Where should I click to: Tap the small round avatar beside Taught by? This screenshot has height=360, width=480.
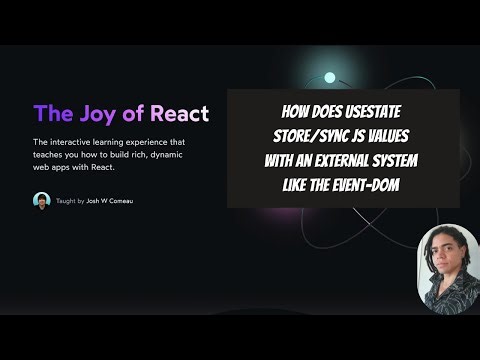40,199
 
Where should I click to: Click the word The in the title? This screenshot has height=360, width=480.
51,112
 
